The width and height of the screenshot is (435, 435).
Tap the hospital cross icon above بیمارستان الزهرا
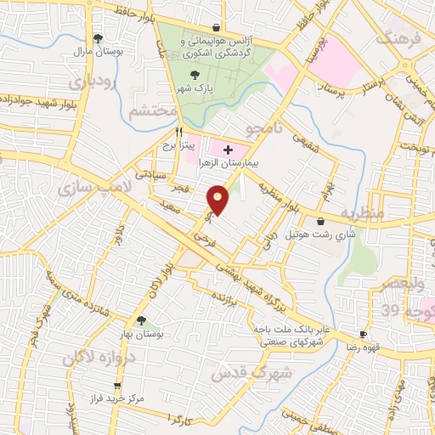tap(228, 150)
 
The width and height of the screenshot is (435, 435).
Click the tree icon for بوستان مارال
tap(99, 37)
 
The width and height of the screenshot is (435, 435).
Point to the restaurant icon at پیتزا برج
tap(178, 132)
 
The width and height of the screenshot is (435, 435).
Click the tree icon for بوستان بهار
tap(141, 320)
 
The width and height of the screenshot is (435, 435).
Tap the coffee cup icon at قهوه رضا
tap(363, 335)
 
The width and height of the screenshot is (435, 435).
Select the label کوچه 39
tap(404, 309)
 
